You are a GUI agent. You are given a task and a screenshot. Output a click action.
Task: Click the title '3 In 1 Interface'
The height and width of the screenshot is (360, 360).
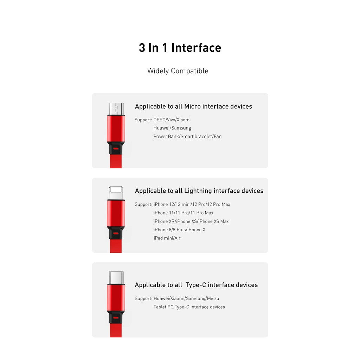point(180,48)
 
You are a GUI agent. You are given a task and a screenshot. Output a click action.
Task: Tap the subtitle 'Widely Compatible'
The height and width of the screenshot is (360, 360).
point(178,71)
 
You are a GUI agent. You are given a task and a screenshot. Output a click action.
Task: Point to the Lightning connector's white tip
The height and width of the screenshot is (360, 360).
point(116,193)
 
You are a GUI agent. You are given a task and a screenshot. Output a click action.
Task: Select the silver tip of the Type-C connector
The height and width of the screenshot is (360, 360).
point(116,277)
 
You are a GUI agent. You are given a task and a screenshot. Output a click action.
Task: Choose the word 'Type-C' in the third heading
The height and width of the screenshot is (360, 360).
point(196,285)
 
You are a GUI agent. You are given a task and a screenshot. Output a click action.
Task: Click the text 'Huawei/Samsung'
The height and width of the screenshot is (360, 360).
point(172,128)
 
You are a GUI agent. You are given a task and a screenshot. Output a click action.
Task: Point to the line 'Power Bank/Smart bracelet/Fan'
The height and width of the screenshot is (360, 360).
point(187,136)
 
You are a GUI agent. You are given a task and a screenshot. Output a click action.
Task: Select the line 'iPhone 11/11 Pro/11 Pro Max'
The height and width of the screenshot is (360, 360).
point(183,213)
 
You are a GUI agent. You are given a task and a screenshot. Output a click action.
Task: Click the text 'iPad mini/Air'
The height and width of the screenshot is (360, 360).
point(167,238)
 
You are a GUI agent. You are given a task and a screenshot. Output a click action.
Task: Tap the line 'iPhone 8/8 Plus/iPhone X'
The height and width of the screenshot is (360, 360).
point(179,230)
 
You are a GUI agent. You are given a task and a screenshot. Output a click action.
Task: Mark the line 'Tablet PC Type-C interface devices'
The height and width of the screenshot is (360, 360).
point(189,307)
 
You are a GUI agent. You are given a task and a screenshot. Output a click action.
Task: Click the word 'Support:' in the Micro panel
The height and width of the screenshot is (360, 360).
point(143,120)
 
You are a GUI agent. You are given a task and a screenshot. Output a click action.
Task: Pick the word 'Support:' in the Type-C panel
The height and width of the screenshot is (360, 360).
point(143,298)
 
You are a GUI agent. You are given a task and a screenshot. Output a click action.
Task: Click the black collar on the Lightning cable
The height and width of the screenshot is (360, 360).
point(116,232)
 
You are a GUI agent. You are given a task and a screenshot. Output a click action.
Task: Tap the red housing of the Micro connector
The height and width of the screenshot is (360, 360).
point(116,128)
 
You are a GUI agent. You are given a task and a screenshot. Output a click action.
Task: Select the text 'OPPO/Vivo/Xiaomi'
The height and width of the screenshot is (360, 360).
point(172,120)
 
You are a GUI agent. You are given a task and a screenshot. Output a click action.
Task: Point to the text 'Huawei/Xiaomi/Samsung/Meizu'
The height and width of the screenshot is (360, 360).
point(186,298)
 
